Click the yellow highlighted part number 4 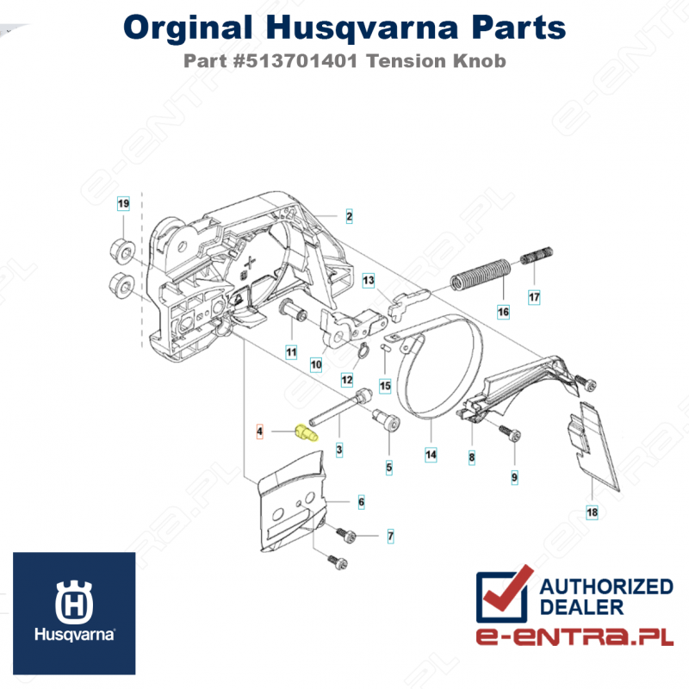(x=307, y=433)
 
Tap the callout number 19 (x=123, y=203)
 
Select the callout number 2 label (x=349, y=216)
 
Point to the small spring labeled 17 (x=537, y=255)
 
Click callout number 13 (x=369, y=281)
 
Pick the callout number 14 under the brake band (x=431, y=455)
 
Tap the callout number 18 (x=592, y=512)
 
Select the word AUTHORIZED (x=606, y=587)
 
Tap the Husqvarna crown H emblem (x=74, y=602)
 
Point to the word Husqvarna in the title (x=362, y=28)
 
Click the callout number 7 (x=391, y=536)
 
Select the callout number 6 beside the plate (x=361, y=502)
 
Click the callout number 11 (x=291, y=352)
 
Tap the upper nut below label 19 (x=121, y=251)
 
